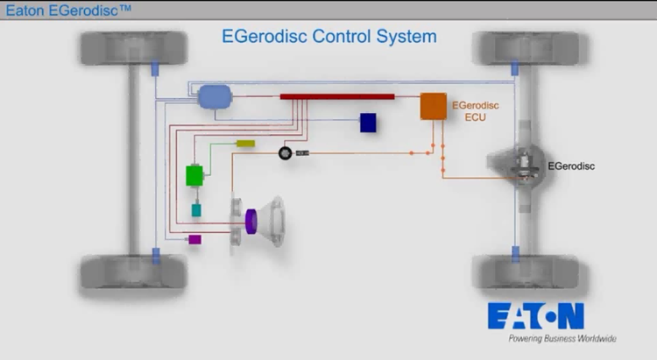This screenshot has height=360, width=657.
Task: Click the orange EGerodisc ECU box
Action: point(434,105)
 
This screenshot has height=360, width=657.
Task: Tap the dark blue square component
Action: point(368,123)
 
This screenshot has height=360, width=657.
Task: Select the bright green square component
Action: point(194,175)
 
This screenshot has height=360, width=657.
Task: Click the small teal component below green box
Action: point(196,210)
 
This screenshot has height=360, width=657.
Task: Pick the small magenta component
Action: point(194,239)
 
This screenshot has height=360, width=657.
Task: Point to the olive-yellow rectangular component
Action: point(245,143)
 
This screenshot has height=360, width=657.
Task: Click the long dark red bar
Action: point(337,95)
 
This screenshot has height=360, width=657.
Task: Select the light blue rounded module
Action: point(213,96)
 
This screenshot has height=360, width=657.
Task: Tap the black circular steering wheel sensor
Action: point(286,153)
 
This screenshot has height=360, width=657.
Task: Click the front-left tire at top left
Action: point(134,48)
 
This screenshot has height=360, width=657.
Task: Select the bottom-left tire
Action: point(134,272)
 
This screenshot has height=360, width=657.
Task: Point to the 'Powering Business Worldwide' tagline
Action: point(562,338)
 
